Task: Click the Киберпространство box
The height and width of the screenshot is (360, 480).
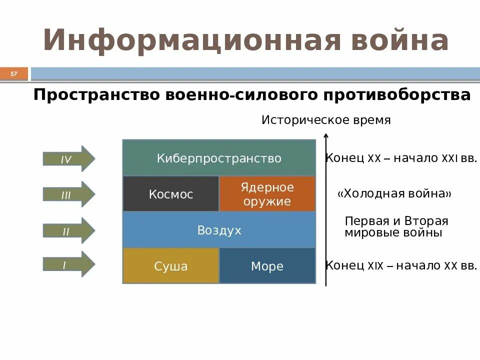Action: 219,158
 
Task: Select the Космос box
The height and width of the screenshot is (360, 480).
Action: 170,194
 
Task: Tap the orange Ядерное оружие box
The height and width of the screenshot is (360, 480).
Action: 267,194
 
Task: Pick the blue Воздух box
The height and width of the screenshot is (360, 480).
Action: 219,230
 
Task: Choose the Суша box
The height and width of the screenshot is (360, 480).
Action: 170,266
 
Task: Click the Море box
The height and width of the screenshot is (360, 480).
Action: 267,266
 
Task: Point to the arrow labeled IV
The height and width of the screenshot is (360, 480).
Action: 68,159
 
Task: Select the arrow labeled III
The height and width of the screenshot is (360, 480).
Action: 68,194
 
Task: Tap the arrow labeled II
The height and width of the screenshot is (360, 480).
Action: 68,230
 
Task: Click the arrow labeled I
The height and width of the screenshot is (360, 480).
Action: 68,264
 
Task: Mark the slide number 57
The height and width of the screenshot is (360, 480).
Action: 13,74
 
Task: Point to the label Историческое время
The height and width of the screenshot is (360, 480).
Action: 326,120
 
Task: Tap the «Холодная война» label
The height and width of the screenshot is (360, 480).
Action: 394,193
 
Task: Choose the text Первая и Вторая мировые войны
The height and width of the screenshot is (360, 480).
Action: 396,227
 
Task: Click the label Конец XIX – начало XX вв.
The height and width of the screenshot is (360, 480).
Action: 401,265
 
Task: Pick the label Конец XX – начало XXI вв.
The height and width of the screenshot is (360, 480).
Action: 401,158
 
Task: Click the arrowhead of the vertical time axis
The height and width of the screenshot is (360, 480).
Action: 326,135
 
